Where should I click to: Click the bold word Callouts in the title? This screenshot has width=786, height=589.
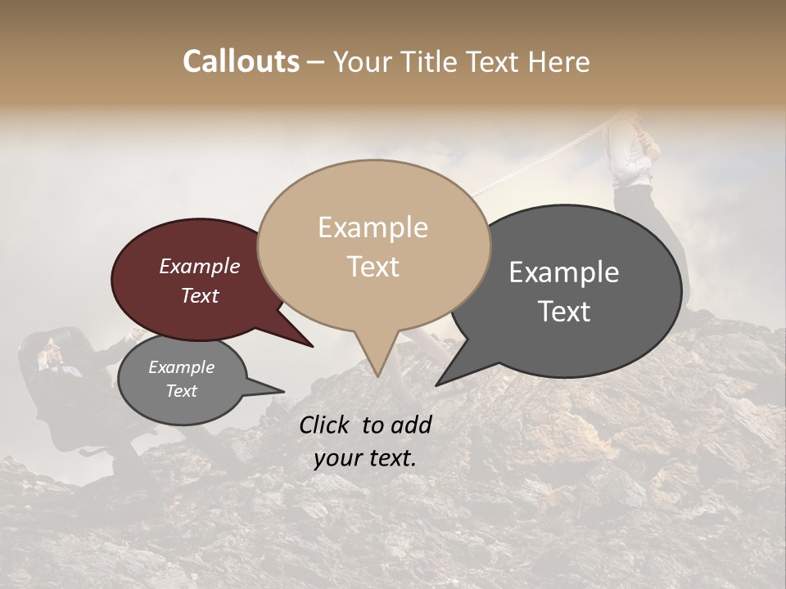pos(241,61)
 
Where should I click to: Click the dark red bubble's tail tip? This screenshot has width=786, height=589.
pos(312,346)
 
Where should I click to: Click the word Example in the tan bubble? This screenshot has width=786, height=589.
pos(373,227)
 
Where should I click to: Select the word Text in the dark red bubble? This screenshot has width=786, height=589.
pos(200,296)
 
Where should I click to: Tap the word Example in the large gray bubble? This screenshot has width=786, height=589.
pos(563,272)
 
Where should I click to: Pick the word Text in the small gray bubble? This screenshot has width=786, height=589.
pos(181,391)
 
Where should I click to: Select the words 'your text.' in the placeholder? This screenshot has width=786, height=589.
pos(365,459)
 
